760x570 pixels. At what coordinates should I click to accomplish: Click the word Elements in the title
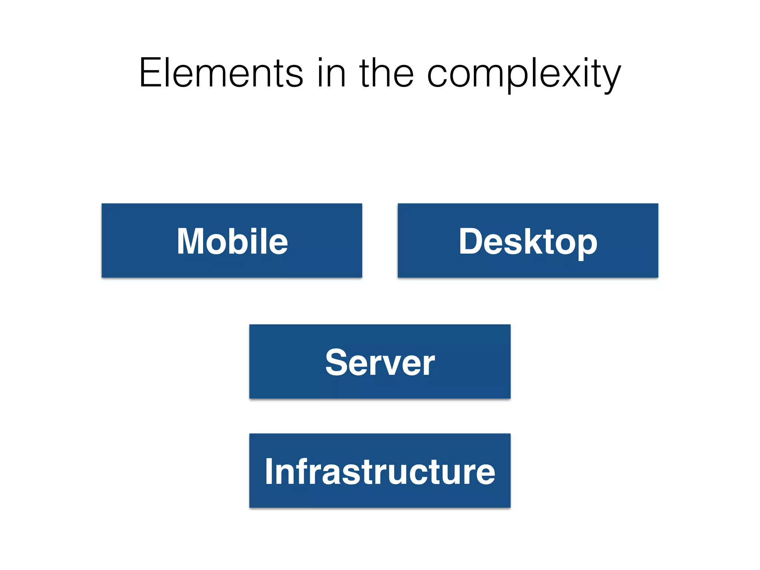(221, 73)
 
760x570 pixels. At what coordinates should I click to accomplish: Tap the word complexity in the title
(524, 73)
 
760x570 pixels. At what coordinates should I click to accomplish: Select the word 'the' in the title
(386, 73)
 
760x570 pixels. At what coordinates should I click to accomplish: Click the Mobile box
(232, 240)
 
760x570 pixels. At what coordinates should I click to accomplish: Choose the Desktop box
(528, 240)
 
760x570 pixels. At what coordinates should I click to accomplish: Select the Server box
(380, 361)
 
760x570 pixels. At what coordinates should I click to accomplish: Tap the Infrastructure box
(380, 471)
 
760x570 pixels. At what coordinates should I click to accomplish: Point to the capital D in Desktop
(471, 241)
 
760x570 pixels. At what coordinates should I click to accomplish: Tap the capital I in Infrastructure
(269, 471)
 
